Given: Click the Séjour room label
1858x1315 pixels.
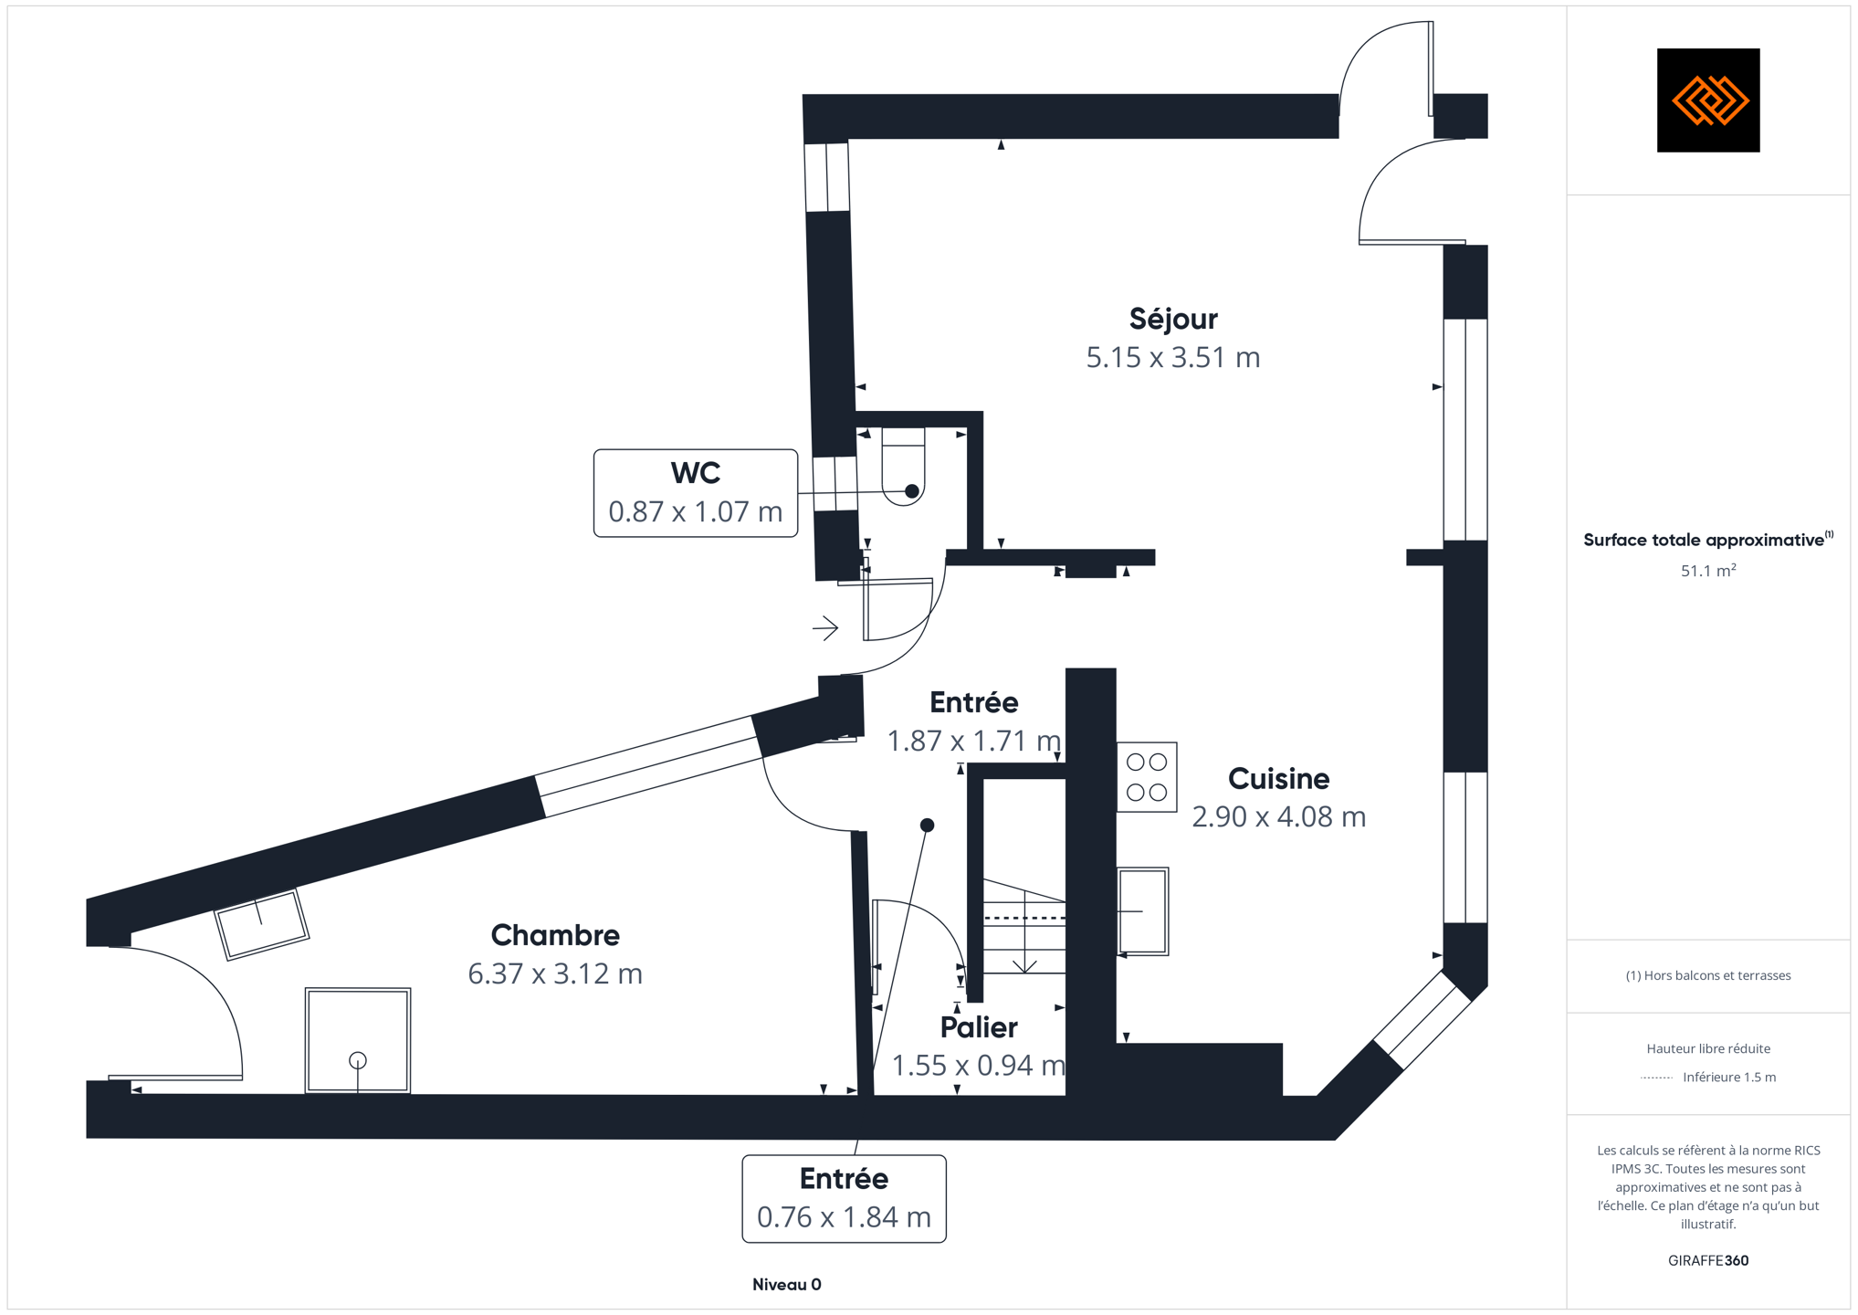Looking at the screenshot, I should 1172,319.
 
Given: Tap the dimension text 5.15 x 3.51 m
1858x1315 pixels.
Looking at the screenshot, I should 1172,357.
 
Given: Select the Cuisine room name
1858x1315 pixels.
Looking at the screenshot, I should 1278,778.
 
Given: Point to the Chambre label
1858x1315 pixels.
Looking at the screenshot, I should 555,935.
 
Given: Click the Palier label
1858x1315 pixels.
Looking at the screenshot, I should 979,1027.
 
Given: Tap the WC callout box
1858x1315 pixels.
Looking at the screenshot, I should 695,492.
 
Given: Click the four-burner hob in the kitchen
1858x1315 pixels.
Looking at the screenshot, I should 1146,777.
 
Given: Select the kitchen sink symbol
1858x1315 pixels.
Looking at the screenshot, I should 1142,910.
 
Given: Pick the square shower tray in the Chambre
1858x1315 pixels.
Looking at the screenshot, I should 358,1040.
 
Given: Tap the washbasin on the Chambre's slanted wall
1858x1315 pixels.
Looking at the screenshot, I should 262,924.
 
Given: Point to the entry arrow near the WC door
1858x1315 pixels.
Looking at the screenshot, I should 825,628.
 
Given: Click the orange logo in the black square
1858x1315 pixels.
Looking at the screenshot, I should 1707,100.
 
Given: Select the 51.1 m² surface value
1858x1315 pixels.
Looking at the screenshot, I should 1707,571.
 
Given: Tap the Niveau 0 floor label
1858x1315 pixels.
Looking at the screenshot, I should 786,1285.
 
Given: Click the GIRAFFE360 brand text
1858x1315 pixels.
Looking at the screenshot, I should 1707,1260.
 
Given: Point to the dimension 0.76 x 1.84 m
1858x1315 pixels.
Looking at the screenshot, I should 844,1217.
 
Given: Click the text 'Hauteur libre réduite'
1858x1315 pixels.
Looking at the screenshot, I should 1707,1048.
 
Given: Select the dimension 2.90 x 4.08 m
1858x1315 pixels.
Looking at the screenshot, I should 1278,816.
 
